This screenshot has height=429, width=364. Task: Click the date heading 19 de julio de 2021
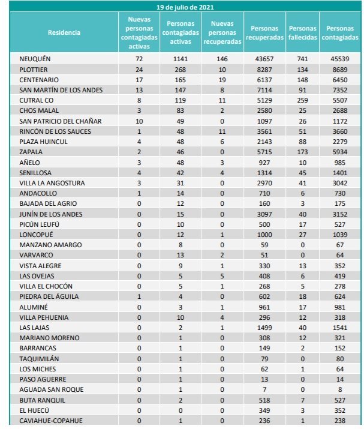182,7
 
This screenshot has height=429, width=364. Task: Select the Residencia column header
64,33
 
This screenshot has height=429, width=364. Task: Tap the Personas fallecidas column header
302,33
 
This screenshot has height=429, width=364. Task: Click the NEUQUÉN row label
35,59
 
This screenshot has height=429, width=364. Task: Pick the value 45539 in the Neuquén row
339,59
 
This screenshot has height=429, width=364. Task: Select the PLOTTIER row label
34,70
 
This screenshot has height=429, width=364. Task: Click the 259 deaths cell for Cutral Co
302,100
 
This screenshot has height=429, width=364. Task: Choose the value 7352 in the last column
339,90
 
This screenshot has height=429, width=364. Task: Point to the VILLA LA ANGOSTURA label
52,183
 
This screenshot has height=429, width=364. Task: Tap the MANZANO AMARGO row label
47,245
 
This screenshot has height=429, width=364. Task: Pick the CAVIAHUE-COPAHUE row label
50,421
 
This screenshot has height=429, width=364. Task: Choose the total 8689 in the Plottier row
339,70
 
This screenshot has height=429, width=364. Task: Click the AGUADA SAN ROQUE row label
51,389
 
